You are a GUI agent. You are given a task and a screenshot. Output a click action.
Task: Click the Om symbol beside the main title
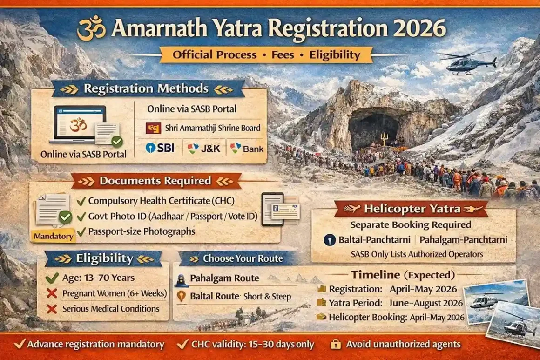[91, 28]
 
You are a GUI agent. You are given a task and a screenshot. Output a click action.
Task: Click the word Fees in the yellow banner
[283, 55]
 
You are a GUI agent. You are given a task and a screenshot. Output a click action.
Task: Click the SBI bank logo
[160, 148]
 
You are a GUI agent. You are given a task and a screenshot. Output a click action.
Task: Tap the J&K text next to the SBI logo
[210, 149]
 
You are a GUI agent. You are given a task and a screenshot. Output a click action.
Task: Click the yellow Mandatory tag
[54, 236]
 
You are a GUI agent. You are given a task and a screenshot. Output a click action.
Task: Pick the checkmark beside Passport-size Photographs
[81, 231]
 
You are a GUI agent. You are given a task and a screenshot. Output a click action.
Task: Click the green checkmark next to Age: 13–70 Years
[52, 277]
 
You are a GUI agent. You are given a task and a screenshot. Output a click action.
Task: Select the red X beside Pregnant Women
[52, 293]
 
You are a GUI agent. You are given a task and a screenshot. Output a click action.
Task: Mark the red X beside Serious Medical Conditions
[52, 309]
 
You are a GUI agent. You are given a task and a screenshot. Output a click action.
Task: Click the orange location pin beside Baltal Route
[181, 296]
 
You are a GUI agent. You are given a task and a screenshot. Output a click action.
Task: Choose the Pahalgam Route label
[224, 278]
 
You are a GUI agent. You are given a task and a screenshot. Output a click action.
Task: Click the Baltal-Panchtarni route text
[374, 240]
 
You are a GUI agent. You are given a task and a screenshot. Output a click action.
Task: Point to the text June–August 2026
[425, 303]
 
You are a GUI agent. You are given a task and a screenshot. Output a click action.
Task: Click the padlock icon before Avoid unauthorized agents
[336, 344]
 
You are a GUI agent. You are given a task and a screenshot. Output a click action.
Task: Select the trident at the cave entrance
[383, 139]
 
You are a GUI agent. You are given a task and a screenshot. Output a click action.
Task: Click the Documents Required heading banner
[155, 181]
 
